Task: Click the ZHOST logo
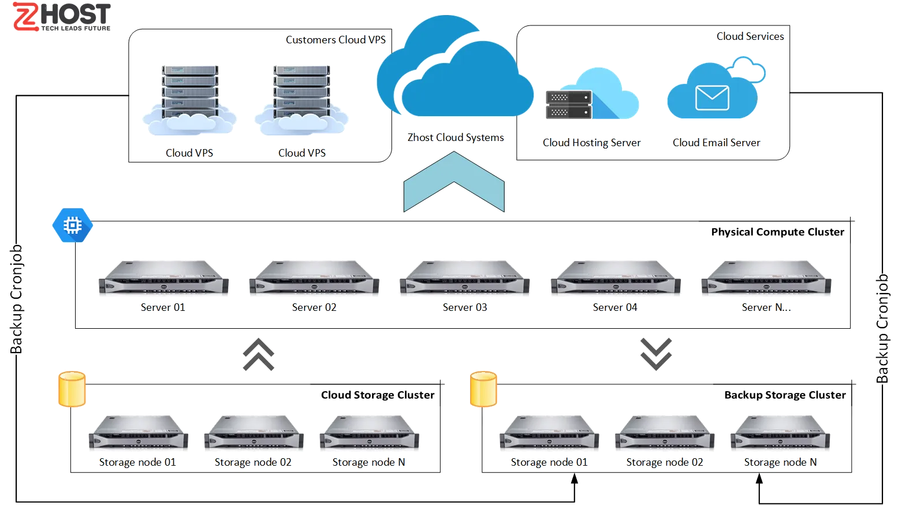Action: click(61, 17)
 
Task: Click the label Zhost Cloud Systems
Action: click(455, 138)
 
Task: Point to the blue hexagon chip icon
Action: click(72, 225)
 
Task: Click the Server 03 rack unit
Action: click(464, 278)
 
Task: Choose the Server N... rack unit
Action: click(765, 278)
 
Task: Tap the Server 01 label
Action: click(162, 307)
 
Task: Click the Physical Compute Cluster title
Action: click(777, 232)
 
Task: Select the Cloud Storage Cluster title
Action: click(377, 395)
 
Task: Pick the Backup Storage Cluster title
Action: click(785, 395)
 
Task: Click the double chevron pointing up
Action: click(258, 355)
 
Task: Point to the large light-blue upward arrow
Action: click(454, 182)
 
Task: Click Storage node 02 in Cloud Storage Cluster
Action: click(254, 433)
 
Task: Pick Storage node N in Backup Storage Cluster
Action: click(780, 433)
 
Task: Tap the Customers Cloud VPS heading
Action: click(336, 40)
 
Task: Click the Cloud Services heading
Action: click(750, 36)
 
